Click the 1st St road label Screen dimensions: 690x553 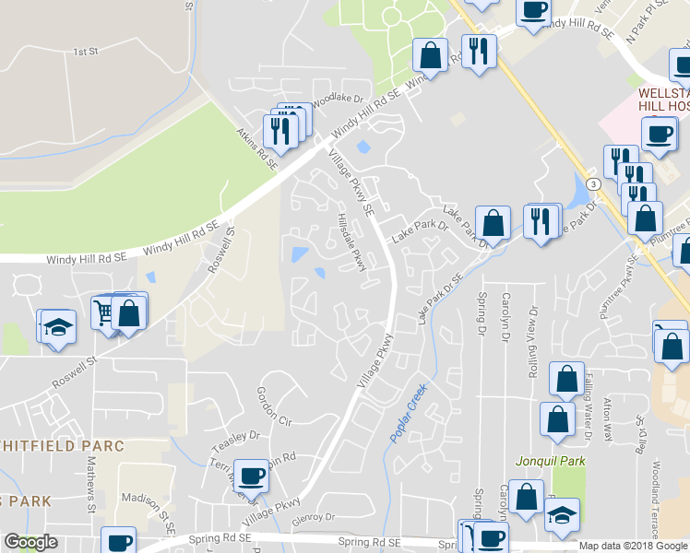(86, 52)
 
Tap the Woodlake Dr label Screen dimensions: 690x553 (339, 96)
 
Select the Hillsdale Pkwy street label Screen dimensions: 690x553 (352, 242)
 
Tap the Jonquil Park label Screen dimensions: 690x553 (550, 460)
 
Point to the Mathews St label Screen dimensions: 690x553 (92, 488)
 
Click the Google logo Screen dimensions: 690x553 (30, 542)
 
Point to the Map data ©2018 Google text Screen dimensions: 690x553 (634, 546)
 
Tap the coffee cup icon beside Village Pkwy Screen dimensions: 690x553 (251, 476)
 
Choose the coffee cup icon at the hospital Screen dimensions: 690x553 (659, 133)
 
